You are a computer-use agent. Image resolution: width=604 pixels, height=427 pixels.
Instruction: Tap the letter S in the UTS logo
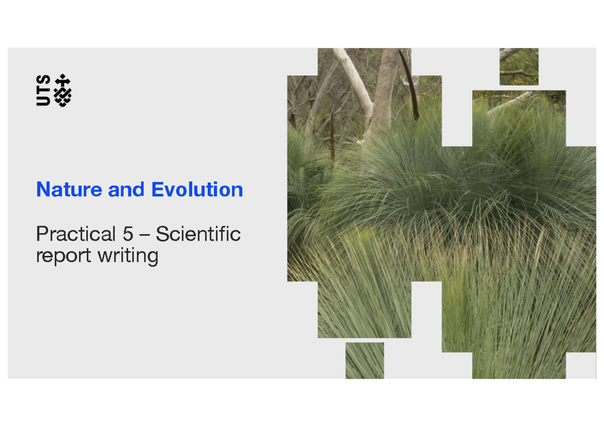(43, 80)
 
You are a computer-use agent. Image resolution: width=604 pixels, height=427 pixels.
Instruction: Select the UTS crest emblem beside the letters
(63, 90)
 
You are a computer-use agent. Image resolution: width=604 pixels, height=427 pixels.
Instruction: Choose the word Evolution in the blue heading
(197, 190)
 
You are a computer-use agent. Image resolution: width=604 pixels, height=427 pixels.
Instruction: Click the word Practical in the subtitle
(76, 234)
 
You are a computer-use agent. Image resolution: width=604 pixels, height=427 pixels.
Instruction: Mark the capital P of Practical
(41, 234)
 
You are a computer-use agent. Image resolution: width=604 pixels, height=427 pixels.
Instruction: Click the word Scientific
(198, 234)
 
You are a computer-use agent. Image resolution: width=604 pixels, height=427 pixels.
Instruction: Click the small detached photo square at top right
(519, 66)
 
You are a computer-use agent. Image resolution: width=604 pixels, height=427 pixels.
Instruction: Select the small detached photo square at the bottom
(365, 360)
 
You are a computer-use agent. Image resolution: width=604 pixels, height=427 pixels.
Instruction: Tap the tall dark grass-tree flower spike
(409, 85)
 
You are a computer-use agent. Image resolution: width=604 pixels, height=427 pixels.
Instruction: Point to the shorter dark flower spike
(332, 136)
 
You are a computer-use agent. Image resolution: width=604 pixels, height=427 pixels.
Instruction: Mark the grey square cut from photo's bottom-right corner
(581, 365)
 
